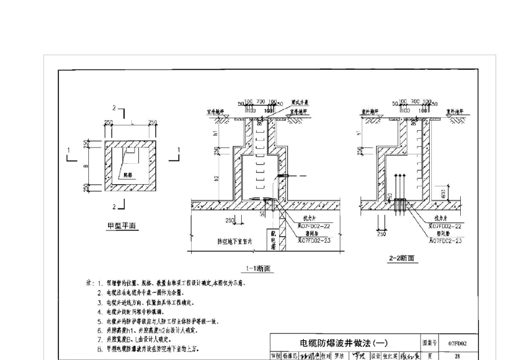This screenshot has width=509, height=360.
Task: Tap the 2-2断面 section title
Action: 403,258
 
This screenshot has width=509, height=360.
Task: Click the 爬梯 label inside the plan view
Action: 127,175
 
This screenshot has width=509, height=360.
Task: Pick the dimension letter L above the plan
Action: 131,123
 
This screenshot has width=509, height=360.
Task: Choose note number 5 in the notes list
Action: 100,321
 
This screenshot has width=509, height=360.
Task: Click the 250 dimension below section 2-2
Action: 381,234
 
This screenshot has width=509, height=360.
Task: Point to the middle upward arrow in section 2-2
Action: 399,187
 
